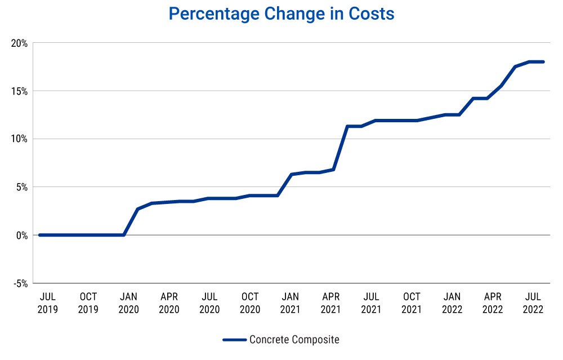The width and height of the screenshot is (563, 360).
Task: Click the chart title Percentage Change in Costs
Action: pyautogui.click(x=281, y=14)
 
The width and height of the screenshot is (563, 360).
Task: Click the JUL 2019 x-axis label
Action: pyautogui.click(x=47, y=303)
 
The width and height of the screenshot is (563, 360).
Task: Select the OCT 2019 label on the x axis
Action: pyautogui.click(x=88, y=303)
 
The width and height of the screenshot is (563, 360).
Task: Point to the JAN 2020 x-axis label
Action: pyautogui.click(x=128, y=303)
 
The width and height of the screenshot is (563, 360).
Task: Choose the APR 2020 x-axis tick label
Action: pyautogui.click(x=169, y=303)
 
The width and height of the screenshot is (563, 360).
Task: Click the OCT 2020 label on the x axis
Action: pyautogui.click(x=250, y=303)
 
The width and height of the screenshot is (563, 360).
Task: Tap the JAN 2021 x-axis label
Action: pyautogui.click(x=291, y=303)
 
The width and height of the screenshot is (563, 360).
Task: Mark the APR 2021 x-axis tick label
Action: pyautogui.click(x=331, y=303)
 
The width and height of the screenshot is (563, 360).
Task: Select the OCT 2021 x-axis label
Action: pyautogui.click(x=412, y=303)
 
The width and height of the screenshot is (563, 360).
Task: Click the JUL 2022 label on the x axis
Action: pyautogui.click(x=533, y=303)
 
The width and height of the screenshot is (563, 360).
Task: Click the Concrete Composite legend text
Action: pyautogui.click(x=294, y=340)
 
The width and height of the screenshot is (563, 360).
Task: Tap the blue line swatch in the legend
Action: pyautogui.click(x=234, y=340)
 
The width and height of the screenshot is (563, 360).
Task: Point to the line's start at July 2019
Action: pyautogui.click(x=39, y=235)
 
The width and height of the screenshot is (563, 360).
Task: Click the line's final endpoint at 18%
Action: pyautogui.click(x=543, y=62)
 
